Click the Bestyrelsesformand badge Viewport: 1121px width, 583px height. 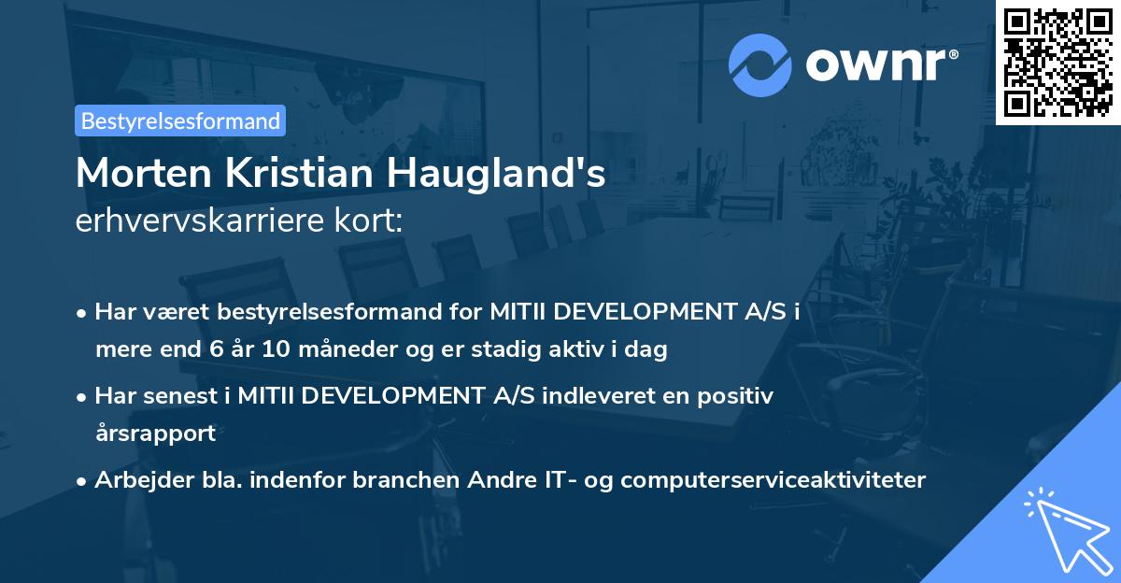tap(180, 121)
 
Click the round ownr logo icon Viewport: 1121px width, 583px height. tap(759, 65)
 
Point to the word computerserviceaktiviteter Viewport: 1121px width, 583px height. tap(773, 480)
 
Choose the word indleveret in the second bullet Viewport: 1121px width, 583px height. tap(596, 396)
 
